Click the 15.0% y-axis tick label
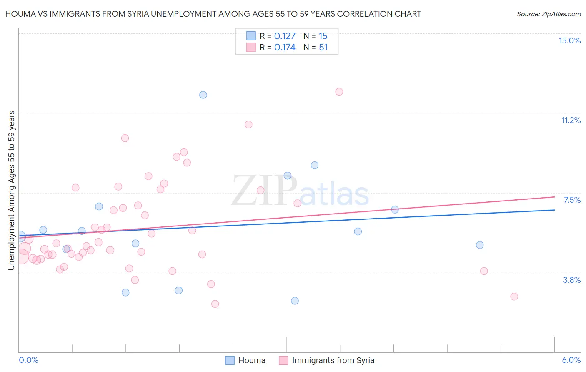coord(569,40)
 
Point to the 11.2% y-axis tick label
coord(571,120)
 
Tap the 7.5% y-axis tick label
coord(572,200)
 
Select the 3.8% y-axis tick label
coord(572,280)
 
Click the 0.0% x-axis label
coord(28,360)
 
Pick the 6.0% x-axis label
coord(571,360)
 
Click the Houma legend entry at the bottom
coord(245,360)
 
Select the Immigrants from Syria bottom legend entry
coord(327,360)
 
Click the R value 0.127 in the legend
coord(285,36)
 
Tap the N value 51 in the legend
coord(323,48)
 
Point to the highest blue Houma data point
coord(203,95)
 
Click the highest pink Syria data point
coord(339,92)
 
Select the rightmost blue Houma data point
coord(480,245)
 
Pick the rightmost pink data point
coord(514,297)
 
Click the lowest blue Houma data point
coord(295,301)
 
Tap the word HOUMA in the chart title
coord(19,14)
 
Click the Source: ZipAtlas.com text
coord(548,14)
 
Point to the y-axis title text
coord(12,190)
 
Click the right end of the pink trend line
coord(554,196)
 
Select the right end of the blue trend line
coord(554,210)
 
